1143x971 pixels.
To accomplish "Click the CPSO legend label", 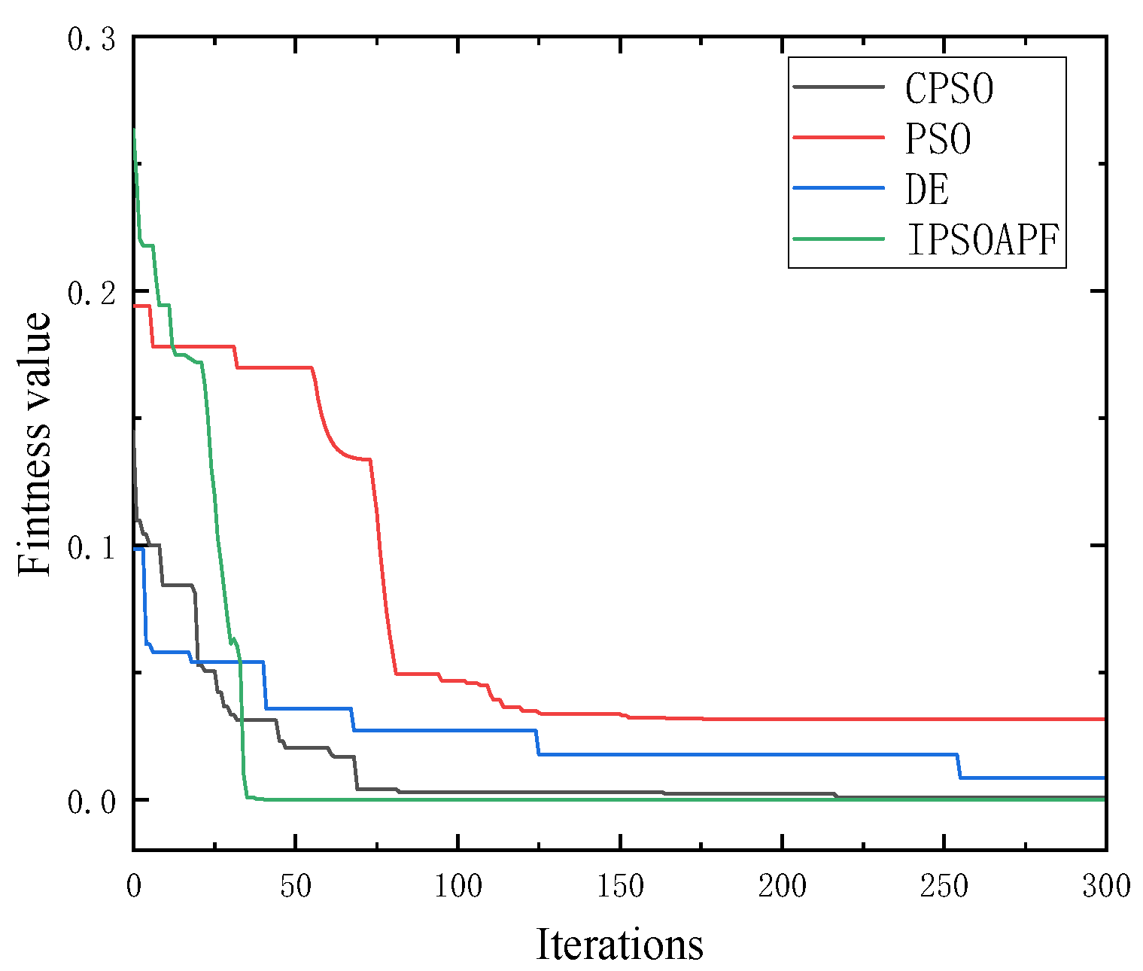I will (949, 89).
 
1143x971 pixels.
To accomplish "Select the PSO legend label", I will (938, 139).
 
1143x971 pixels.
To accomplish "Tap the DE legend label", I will (927, 189).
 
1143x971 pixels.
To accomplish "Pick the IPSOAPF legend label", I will (983, 239).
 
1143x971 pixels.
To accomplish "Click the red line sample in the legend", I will (838, 138).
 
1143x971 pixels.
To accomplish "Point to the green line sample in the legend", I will (838, 239).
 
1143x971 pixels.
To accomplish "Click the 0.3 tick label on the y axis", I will (91, 38).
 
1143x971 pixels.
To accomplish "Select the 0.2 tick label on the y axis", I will (91, 293).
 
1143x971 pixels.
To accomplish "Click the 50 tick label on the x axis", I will (296, 886).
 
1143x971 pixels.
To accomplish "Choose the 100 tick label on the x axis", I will (458, 886).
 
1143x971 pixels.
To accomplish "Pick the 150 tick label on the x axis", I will (620, 886).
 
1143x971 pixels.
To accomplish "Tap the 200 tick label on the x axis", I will (783, 886).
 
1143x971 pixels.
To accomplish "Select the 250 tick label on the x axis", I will (944, 886).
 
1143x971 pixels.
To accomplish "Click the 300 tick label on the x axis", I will (1105, 886).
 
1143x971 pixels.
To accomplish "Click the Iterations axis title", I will (619, 944).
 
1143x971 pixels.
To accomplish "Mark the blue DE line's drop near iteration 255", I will (959, 766).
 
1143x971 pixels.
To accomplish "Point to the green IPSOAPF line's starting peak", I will (135, 129).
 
